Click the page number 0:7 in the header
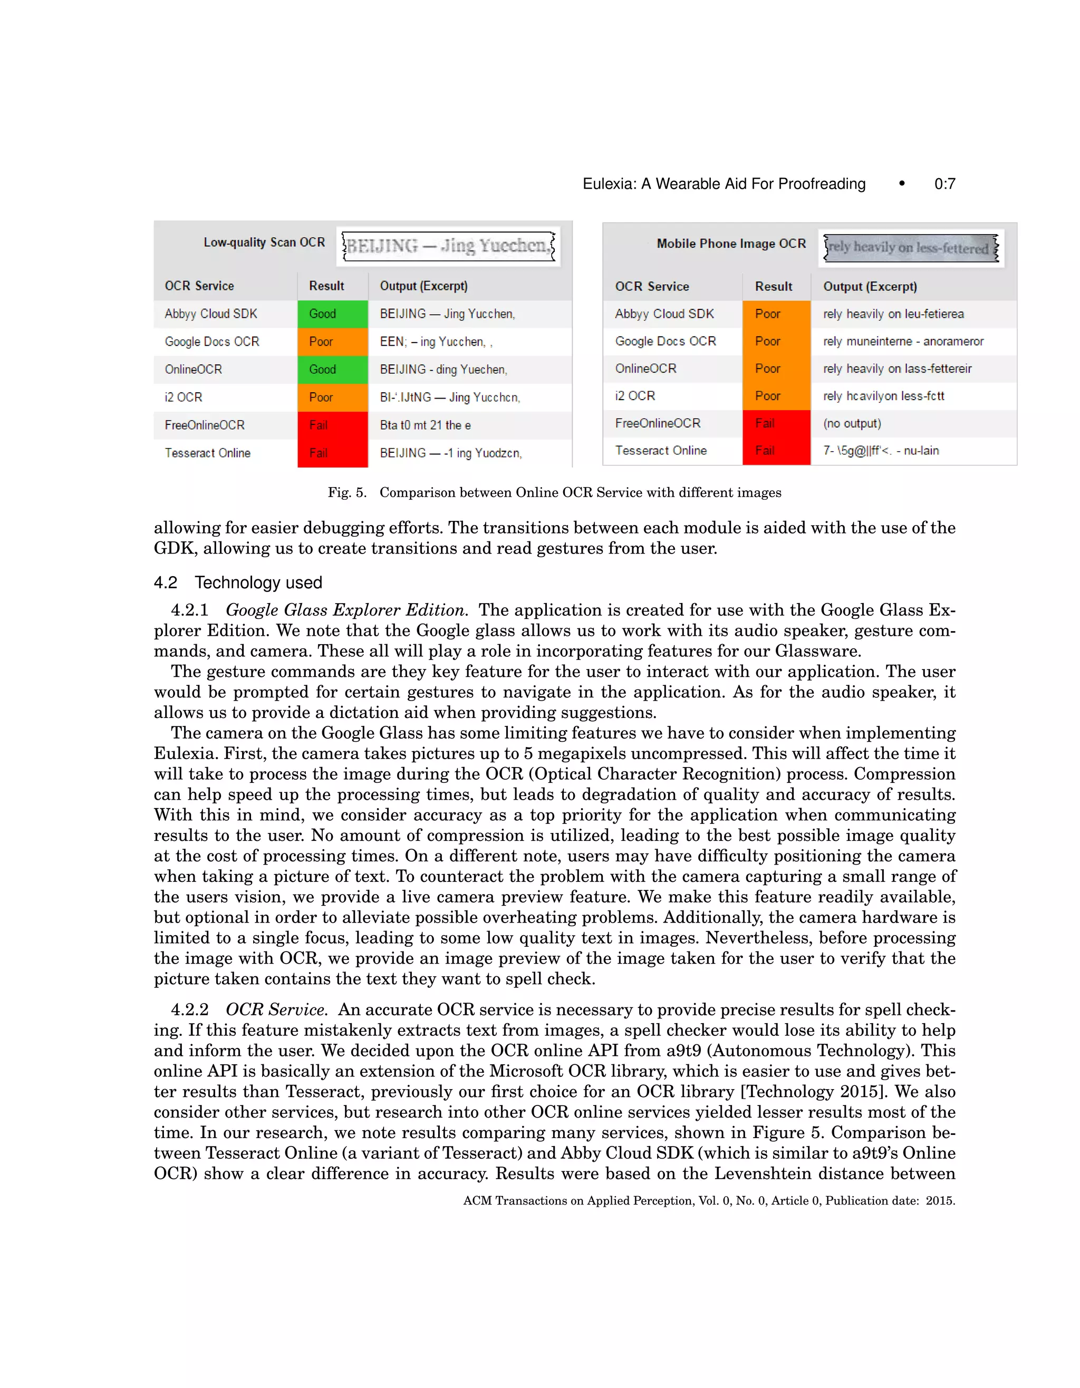[x=944, y=185]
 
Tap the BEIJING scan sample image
[x=448, y=246]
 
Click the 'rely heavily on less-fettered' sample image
[x=910, y=247]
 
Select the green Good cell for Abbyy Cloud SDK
[x=332, y=314]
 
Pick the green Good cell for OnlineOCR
[x=332, y=369]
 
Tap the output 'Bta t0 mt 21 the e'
[x=425, y=425]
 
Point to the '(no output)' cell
[x=851, y=423]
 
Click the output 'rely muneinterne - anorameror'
[x=903, y=341]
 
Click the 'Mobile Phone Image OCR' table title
[x=730, y=244]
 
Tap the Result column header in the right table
[x=773, y=287]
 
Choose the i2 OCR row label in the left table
[x=183, y=397]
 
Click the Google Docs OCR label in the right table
[x=665, y=341]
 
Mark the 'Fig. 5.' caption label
[x=347, y=492]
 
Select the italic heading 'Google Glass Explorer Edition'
[x=346, y=610]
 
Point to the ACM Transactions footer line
[x=708, y=1200]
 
